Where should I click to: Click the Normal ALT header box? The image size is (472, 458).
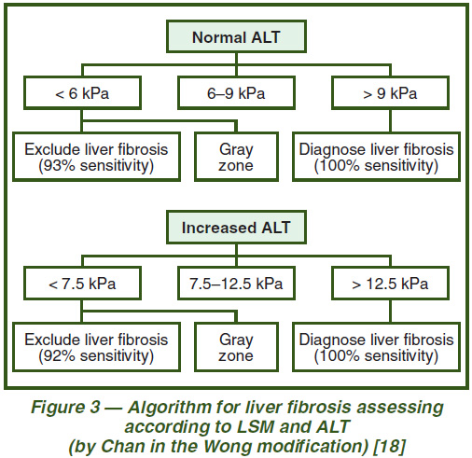pyautogui.click(x=236, y=36)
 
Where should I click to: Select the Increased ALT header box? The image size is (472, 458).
pyautogui.click(x=236, y=228)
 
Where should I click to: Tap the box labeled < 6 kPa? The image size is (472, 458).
pyautogui.click(x=82, y=93)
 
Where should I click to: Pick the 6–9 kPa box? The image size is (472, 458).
pyautogui.click(x=236, y=93)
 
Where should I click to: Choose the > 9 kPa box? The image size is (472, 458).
pyautogui.click(x=390, y=93)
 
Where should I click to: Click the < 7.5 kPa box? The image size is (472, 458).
pyautogui.click(x=82, y=284)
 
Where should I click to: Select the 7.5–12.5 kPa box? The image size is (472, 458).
pyautogui.click(x=236, y=284)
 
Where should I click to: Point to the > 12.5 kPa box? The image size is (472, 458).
pyautogui.click(x=390, y=284)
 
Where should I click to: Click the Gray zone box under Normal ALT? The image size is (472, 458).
pyautogui.click(x=236, y=157)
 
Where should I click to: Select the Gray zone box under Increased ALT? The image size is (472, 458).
pyautogui.click(x=236, y=347)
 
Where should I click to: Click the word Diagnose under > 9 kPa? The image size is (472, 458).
pyautogui.click(x=328, y=150)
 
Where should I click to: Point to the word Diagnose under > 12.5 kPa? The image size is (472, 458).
pyautogui.click(x=328, y=340)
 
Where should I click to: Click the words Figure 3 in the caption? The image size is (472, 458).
pyautogui.click(x=65, y=408)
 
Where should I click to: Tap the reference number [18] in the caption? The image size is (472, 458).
pyautogui.click(x=389, y=446)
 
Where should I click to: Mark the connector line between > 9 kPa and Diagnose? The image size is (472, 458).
pyautogui.click(x=390, y=121)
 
